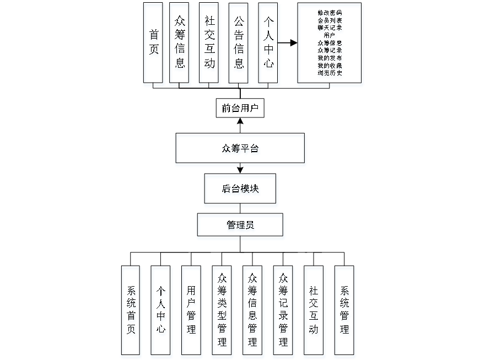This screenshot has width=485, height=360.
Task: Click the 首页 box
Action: click(x=154, y=44)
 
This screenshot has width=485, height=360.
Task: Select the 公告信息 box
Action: click(x=239, y=44)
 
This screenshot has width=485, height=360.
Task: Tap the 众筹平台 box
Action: click(x=240, y=150)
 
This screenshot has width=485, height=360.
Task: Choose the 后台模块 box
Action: click(x=240, y=190)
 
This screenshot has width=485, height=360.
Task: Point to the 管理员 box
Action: click(x=240, y=226)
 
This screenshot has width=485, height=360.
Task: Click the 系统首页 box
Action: click(x=131, y=312)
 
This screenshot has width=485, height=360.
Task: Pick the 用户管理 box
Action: click(x=191, y=312)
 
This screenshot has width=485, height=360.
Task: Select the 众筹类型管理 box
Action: click(x=222, y=312)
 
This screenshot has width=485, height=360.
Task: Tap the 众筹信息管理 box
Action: click(x=253, y=312)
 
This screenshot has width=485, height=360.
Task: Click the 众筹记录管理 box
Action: click(x=284, y=312)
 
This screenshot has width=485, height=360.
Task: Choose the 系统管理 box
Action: click(x=344, y=312)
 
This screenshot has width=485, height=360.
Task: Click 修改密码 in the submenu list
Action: click(x=330, y=12)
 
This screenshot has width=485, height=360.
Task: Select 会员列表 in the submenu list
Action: click(x=330, y=20)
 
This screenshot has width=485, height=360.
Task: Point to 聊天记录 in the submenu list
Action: click(x=330, y=28)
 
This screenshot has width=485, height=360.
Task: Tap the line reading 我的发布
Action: click(x=330, y=58)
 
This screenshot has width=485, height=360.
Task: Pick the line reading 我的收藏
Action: click(x=330, y=66)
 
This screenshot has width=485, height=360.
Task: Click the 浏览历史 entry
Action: click(x=330, y=73)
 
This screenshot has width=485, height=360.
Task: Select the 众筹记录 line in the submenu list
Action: click(x=330, y=50)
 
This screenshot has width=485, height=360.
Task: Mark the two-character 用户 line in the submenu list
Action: click(x=330, y=35)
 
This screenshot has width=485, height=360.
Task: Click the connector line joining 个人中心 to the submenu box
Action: click(x=287, y=42)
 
